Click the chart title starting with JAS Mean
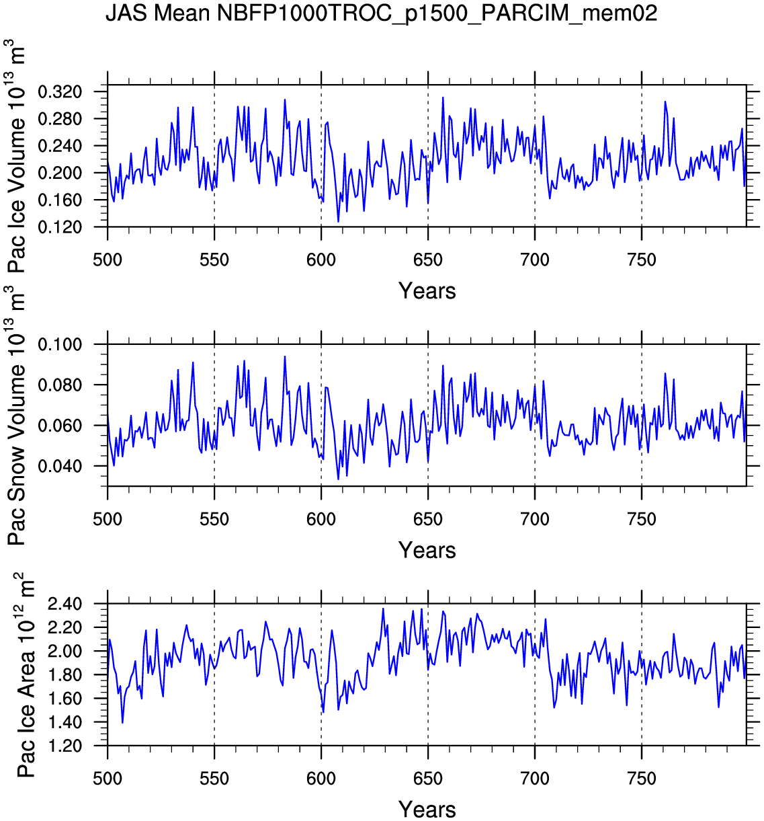tap(381, 13)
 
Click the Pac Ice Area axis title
tap(26, 675)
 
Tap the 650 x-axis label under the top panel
tap(428, 260)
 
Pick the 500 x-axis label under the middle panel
tap(108, 519)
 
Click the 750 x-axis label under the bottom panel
tap(642, 779)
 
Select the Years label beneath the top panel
tap(427, 291)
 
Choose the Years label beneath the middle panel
tap(427, 550)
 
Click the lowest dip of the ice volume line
tap(338, 221)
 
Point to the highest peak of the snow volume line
tap(285, 356)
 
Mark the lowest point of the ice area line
tap(122, 723)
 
